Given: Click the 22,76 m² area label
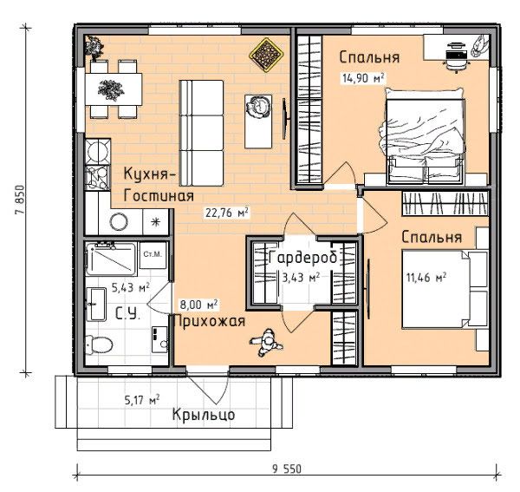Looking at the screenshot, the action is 227,213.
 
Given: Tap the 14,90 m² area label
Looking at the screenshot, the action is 363,78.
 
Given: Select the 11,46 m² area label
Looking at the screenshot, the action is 426,277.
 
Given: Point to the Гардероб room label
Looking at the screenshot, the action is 303,258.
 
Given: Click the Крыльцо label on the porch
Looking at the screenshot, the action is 204,414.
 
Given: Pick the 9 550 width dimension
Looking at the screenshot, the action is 287,469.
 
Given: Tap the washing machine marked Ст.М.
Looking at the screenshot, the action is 153,255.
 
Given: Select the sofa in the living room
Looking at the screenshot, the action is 201,133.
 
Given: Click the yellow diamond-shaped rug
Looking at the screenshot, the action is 266,55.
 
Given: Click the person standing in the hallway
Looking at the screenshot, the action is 266,343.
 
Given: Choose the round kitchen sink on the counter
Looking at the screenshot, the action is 119,222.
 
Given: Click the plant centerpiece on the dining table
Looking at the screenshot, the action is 111,89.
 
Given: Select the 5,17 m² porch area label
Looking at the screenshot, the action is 142,400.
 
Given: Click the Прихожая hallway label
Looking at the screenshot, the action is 209,322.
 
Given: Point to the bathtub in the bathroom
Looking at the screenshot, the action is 111,259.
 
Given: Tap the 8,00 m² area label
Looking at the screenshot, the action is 198,305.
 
